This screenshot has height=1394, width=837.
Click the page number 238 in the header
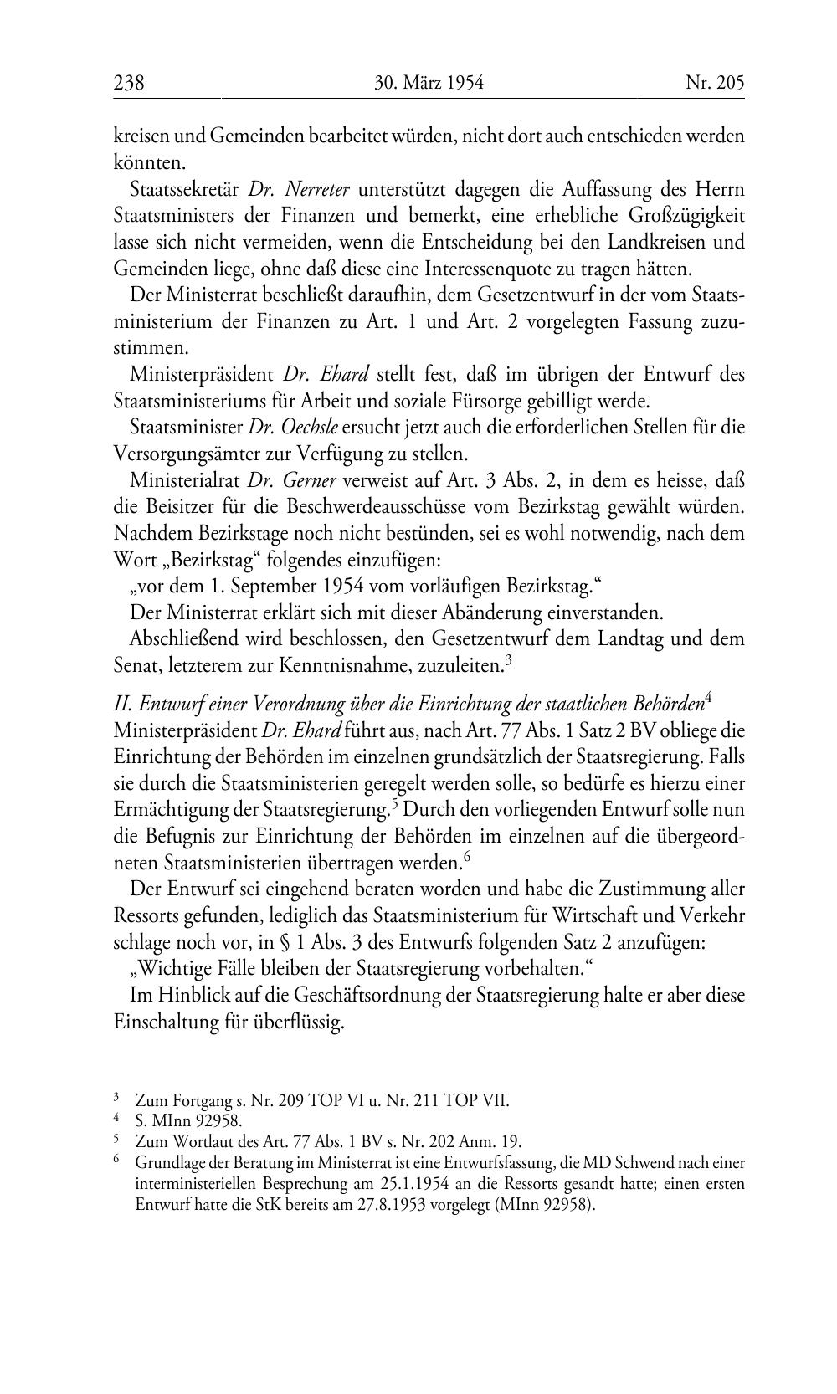(129, 83)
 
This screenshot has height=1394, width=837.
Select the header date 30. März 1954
(429, 83)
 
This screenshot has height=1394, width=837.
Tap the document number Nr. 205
(714, 83)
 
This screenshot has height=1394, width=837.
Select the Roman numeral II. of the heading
(123, 705)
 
